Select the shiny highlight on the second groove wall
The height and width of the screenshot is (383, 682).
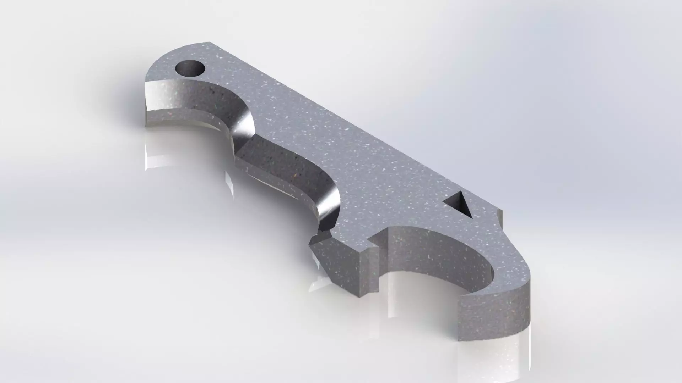pos(329,206)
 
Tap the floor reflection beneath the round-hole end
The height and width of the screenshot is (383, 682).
pos(156,152)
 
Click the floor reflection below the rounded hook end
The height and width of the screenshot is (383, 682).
pos(497,358)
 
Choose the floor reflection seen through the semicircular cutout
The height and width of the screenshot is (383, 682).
pos(419,294)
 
